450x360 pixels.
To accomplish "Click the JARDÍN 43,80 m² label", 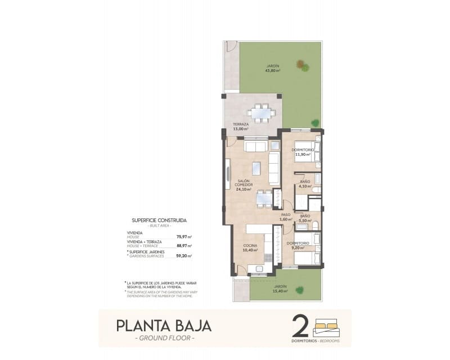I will (x=273, y=69).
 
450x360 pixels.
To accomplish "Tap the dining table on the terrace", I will (x=260, y=112).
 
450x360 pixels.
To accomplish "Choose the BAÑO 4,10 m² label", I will (x=305, y=184).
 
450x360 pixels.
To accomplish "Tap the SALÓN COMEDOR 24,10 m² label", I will (x=244, y=186).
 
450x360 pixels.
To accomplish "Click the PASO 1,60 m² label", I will (x=285, y=217).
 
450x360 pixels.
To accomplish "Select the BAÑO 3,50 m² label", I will (x=305, y=218).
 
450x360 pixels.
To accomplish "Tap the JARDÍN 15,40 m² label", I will (x=281, y=289).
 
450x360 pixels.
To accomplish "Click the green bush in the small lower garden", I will (x=300, y=290).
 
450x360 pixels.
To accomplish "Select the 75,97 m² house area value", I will (x=184, y=237).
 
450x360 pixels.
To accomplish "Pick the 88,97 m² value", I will (x=184, y=246).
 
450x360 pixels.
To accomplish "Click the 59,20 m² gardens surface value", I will (x=184, y=255).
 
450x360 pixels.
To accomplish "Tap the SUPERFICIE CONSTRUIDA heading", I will (x=159, y=220).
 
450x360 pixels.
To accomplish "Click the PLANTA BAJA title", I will (x=164, y=326).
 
